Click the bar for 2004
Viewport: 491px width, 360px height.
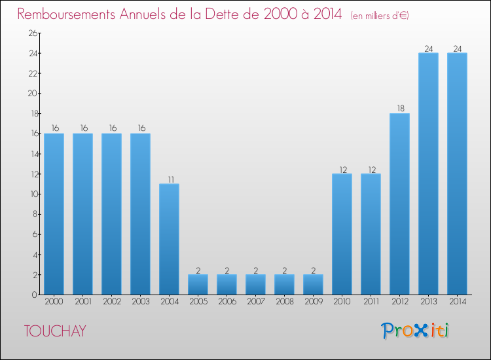pos(169,239)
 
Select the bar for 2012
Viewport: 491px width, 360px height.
pos(399,204)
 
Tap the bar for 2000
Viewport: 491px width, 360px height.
pos(54,214)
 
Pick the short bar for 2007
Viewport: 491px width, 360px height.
pos(255,285)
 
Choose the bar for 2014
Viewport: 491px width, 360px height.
pos(457,173)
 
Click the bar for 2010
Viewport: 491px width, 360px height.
pos(342,234)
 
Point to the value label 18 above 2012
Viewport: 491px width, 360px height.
pos(399,109)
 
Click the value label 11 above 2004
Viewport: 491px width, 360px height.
pos(169,179)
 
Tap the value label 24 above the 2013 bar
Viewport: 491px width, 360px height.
pos(428,48)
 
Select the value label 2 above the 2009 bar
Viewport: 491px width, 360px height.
pos(313,270)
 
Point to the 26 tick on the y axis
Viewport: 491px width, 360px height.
pos(31,33)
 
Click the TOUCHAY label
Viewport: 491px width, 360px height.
pos(54,331)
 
